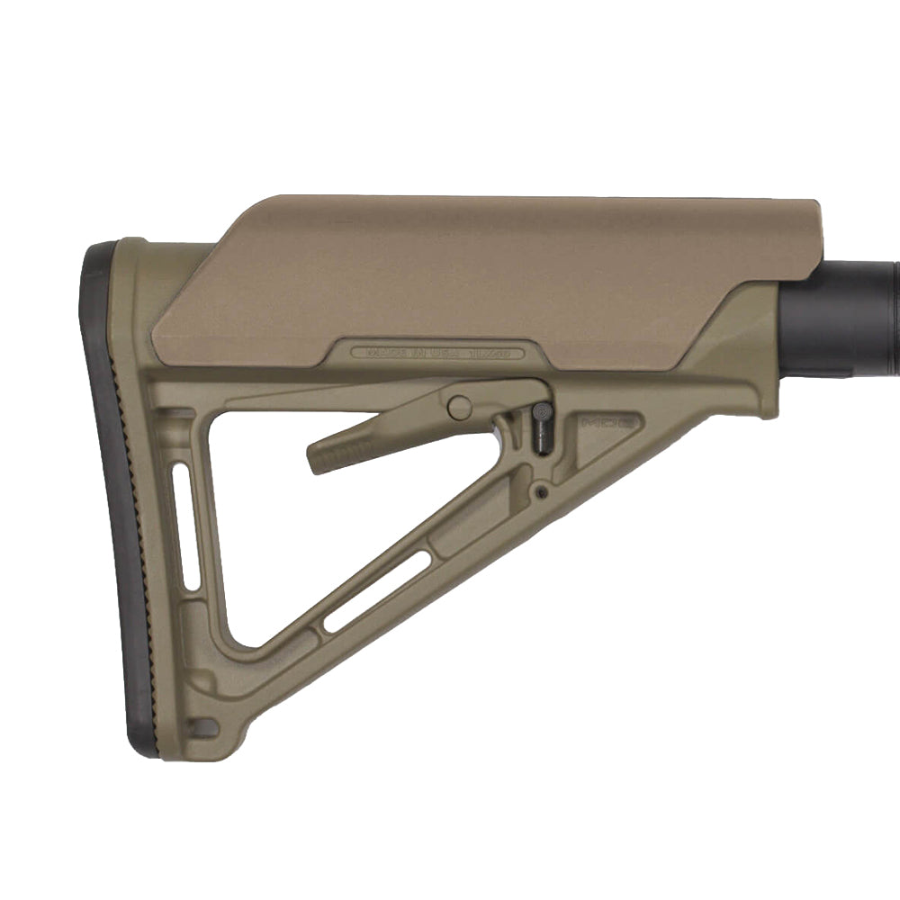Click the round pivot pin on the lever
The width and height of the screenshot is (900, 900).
[x=459, y=408]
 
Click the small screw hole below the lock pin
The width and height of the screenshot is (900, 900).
[x=540, y=491]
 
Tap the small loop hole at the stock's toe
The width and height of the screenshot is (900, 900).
[x=202, y=726]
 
